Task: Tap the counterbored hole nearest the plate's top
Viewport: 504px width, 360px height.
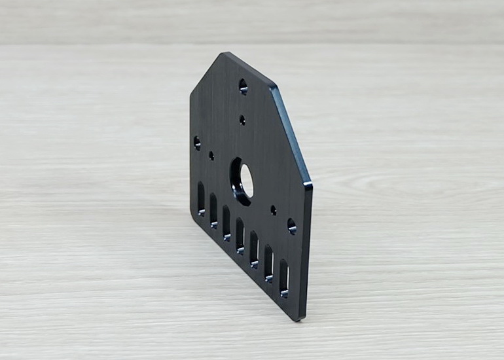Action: [243, 86]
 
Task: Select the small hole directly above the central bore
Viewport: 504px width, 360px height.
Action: [242, 120]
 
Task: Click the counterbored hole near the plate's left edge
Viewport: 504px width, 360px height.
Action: [197, 142]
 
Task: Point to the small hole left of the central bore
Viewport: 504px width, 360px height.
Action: [211, 156]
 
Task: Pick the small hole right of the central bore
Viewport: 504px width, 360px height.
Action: [273, 210]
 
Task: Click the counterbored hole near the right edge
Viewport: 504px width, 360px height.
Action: [291, 226]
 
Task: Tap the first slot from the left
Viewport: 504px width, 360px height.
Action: [201, 198]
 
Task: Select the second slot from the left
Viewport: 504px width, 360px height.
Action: [213, 210]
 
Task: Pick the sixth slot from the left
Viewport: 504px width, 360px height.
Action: [268, 263]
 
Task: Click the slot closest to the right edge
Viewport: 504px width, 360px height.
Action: [284, 278]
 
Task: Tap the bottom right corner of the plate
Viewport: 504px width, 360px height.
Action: [302, 319]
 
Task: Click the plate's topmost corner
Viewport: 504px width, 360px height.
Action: [224, 53]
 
